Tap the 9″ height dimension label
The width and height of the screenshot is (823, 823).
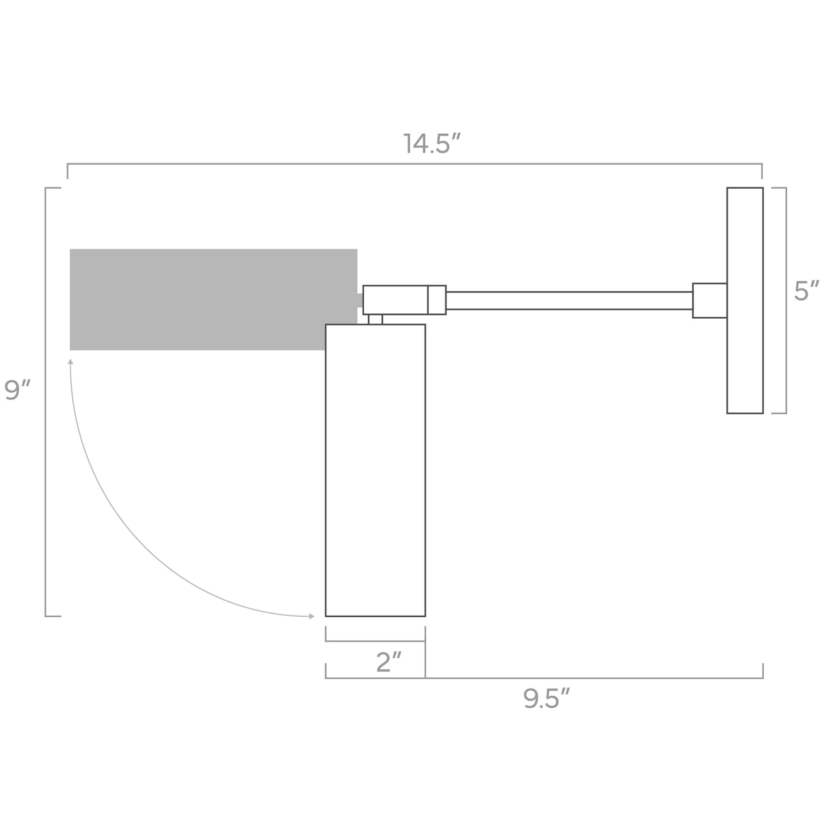coord(18,390)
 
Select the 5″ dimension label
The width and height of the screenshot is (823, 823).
coord(806,291)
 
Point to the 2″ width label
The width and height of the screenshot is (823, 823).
coord(389,662)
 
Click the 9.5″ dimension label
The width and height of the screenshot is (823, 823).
coord(546,699)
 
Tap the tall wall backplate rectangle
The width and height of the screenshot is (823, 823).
coord(745,300)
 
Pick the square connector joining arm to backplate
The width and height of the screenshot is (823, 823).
coord(709,301)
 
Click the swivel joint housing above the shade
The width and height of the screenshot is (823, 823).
coord(395,300)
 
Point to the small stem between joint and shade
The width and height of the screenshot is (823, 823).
coord(375,319)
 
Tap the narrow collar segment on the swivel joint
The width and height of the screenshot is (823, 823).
coord(437,300)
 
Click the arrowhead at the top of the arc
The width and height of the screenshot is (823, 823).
coord(70,362)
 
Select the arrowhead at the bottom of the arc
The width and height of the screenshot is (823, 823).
coord(312,616)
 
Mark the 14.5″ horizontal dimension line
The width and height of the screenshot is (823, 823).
coord(414,164)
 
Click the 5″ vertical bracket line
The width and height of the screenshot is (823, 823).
coord(786,300)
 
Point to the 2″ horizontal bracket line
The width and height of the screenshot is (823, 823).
coord(375,641)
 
